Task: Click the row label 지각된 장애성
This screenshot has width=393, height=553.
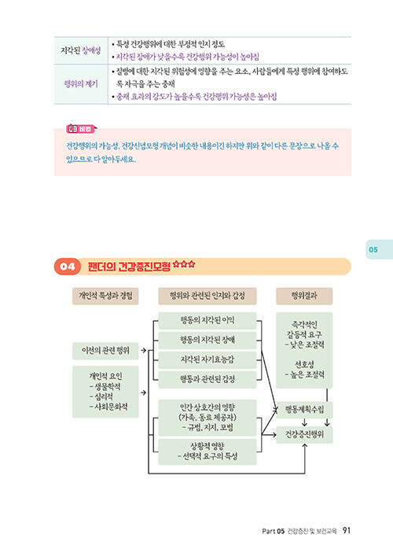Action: point(81,50)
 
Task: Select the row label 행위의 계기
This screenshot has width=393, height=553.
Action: point(81,84)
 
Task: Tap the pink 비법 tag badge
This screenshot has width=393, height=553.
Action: point(81,129)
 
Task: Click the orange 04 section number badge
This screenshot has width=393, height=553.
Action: point(68,266)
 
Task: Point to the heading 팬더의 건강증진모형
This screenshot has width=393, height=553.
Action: point(129,266)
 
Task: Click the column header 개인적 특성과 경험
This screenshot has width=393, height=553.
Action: point(105,296)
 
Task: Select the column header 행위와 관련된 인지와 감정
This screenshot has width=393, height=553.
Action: point(208,296)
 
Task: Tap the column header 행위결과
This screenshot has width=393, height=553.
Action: point(304,296)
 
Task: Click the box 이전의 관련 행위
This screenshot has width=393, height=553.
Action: point(105,351)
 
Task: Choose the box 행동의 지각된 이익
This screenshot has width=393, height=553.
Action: point(208,321)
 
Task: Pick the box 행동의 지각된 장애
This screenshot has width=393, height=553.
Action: point(208,341)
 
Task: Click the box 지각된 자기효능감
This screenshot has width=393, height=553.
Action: point(208,360)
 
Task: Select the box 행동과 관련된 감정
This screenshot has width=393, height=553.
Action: point(208,380)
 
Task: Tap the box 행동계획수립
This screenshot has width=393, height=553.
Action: point(304,410)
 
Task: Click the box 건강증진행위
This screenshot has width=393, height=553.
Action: point(304,435)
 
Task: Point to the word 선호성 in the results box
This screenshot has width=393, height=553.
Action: point(304,364)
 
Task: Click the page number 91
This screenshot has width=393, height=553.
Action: point(347,530)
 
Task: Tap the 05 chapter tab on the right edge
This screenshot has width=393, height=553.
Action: point(379,249)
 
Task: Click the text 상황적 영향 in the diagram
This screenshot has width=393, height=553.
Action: point(208,446)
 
